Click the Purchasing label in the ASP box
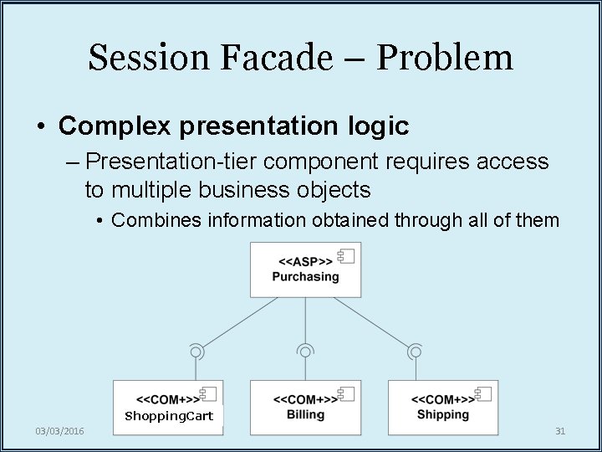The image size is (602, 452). click(305, 277)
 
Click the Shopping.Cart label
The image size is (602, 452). click(169, 416)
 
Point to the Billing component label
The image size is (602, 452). click(305, 414)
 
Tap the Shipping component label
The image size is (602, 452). click(442, 414)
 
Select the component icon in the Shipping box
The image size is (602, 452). click(482, 394)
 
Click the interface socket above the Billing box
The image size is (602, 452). click(305, 352)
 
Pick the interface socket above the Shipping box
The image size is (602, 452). click(414, 352)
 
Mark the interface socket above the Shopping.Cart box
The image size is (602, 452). click(196, 352)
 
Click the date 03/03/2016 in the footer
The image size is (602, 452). click(59, 431)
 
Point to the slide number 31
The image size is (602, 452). click(560, 431)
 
